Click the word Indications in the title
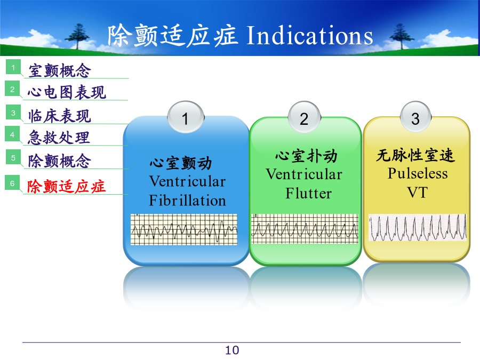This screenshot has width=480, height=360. [310, 36]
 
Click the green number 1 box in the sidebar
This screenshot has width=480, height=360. [13, 67]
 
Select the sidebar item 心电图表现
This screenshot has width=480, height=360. [67, 92]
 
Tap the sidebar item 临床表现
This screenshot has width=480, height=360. [60, 116]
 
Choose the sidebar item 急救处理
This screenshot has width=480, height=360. [59, 138]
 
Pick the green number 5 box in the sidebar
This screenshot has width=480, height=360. [13, 157]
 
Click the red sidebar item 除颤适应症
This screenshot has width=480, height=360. [67, 186]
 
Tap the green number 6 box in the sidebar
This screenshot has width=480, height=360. [12, 183]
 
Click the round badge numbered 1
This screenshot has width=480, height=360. [186, 117]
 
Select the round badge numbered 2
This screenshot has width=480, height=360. [304, 117]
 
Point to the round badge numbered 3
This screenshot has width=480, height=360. [415, 117]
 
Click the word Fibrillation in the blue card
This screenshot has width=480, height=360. [187, 201]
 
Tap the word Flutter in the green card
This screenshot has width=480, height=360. [309, 193]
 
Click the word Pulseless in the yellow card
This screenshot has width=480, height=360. [418, 173]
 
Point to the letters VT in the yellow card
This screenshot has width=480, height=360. [417, 193]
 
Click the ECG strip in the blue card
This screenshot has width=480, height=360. [184, 229]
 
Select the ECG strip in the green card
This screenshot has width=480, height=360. [305, 229]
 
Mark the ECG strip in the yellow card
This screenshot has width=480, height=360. [418, 227]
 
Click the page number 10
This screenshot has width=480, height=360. [232, 350]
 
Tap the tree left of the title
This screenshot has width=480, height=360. [77, 36]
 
